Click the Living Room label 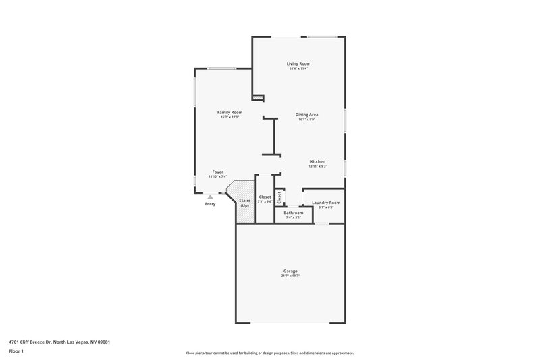point(298,63)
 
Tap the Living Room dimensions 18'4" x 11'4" point(298,68)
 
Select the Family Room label point(230,112)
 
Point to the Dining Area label point(306,115)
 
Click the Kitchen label point(318,161)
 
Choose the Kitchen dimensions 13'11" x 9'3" point(318,166)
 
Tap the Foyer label point(218,172)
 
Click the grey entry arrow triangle point(210,197)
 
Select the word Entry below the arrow point(211,204)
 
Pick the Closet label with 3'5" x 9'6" point(265,197)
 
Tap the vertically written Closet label point(279,197)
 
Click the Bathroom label point(294,213)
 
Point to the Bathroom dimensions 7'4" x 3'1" point(294,217)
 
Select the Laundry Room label point(326,203)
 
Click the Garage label point(290,271)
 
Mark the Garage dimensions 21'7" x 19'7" point(290,276)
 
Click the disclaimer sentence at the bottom point(269,353)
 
